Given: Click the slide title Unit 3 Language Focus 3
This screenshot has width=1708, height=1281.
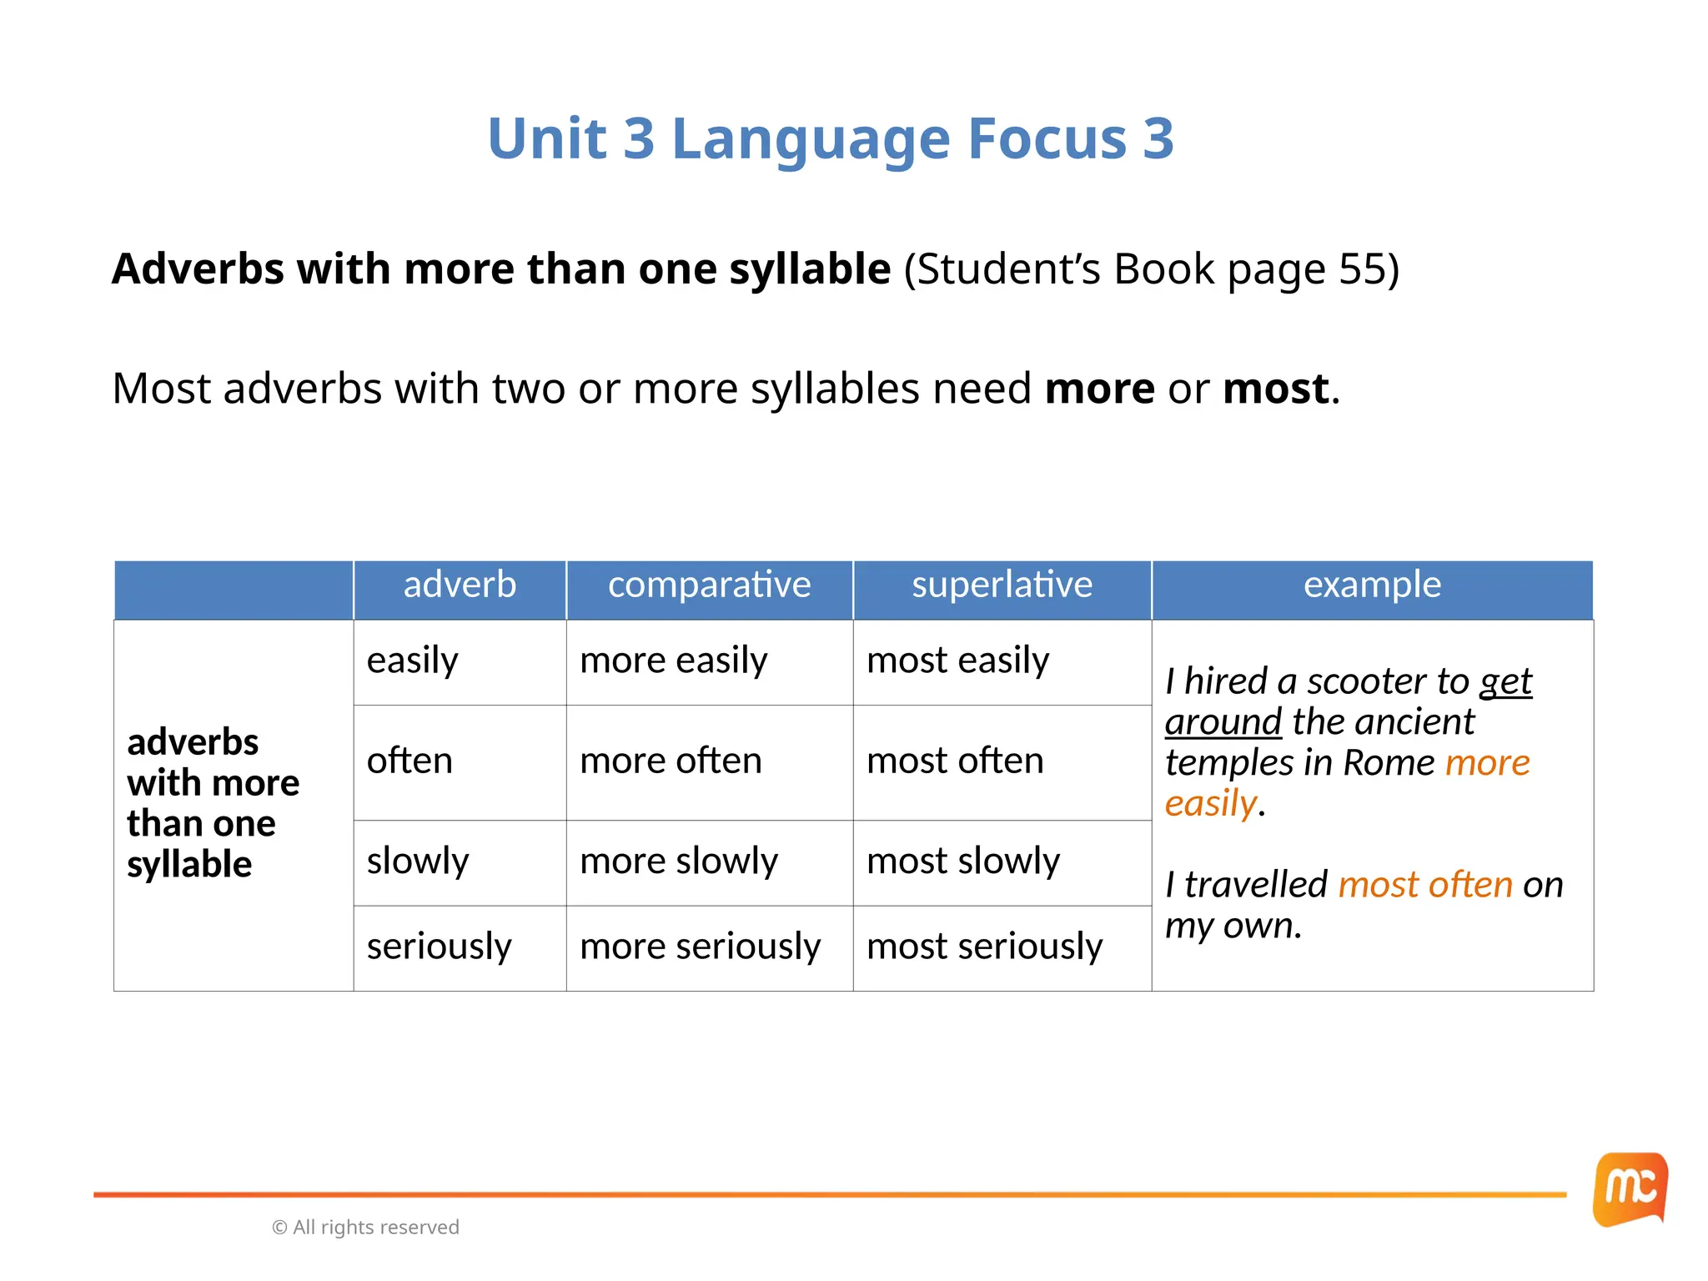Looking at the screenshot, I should [x=831, y=138].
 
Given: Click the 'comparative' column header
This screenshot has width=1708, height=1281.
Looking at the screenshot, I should [x=709, y=585].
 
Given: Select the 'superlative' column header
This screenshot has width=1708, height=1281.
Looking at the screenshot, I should [x=1002, y=585].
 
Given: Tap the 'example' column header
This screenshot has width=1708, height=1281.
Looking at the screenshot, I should [x=1372, y=585].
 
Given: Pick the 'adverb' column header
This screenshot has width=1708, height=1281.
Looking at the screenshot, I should [x=460, y=585].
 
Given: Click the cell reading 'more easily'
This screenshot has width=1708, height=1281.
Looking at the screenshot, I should [x=673, y=661].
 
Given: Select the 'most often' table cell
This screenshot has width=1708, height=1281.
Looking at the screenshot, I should [x=955, y=761].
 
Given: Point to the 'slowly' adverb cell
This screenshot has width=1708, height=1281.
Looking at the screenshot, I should [x=418, y=861].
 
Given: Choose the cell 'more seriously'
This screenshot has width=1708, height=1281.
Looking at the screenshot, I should [x=700, y=947].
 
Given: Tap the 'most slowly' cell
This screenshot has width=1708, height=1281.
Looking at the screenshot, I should [x=963, y=861].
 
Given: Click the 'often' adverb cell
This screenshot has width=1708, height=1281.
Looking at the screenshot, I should [x=409, y=761].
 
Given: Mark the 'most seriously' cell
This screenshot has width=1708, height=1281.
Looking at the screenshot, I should [x=984, y=947].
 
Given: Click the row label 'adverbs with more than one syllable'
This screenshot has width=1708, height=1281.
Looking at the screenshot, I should [x=213, y=802].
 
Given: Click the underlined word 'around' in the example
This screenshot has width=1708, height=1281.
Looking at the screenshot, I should [x=1223, y=722].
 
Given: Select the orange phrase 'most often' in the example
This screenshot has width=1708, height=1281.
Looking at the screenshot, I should [x=1425, y=885].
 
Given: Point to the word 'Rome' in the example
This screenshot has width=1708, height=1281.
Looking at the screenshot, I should [x=1389, y=763].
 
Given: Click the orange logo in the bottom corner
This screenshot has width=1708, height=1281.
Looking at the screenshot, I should [x=1630, y=1189].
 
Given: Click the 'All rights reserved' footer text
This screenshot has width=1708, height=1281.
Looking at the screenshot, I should [x=375, y=1227].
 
